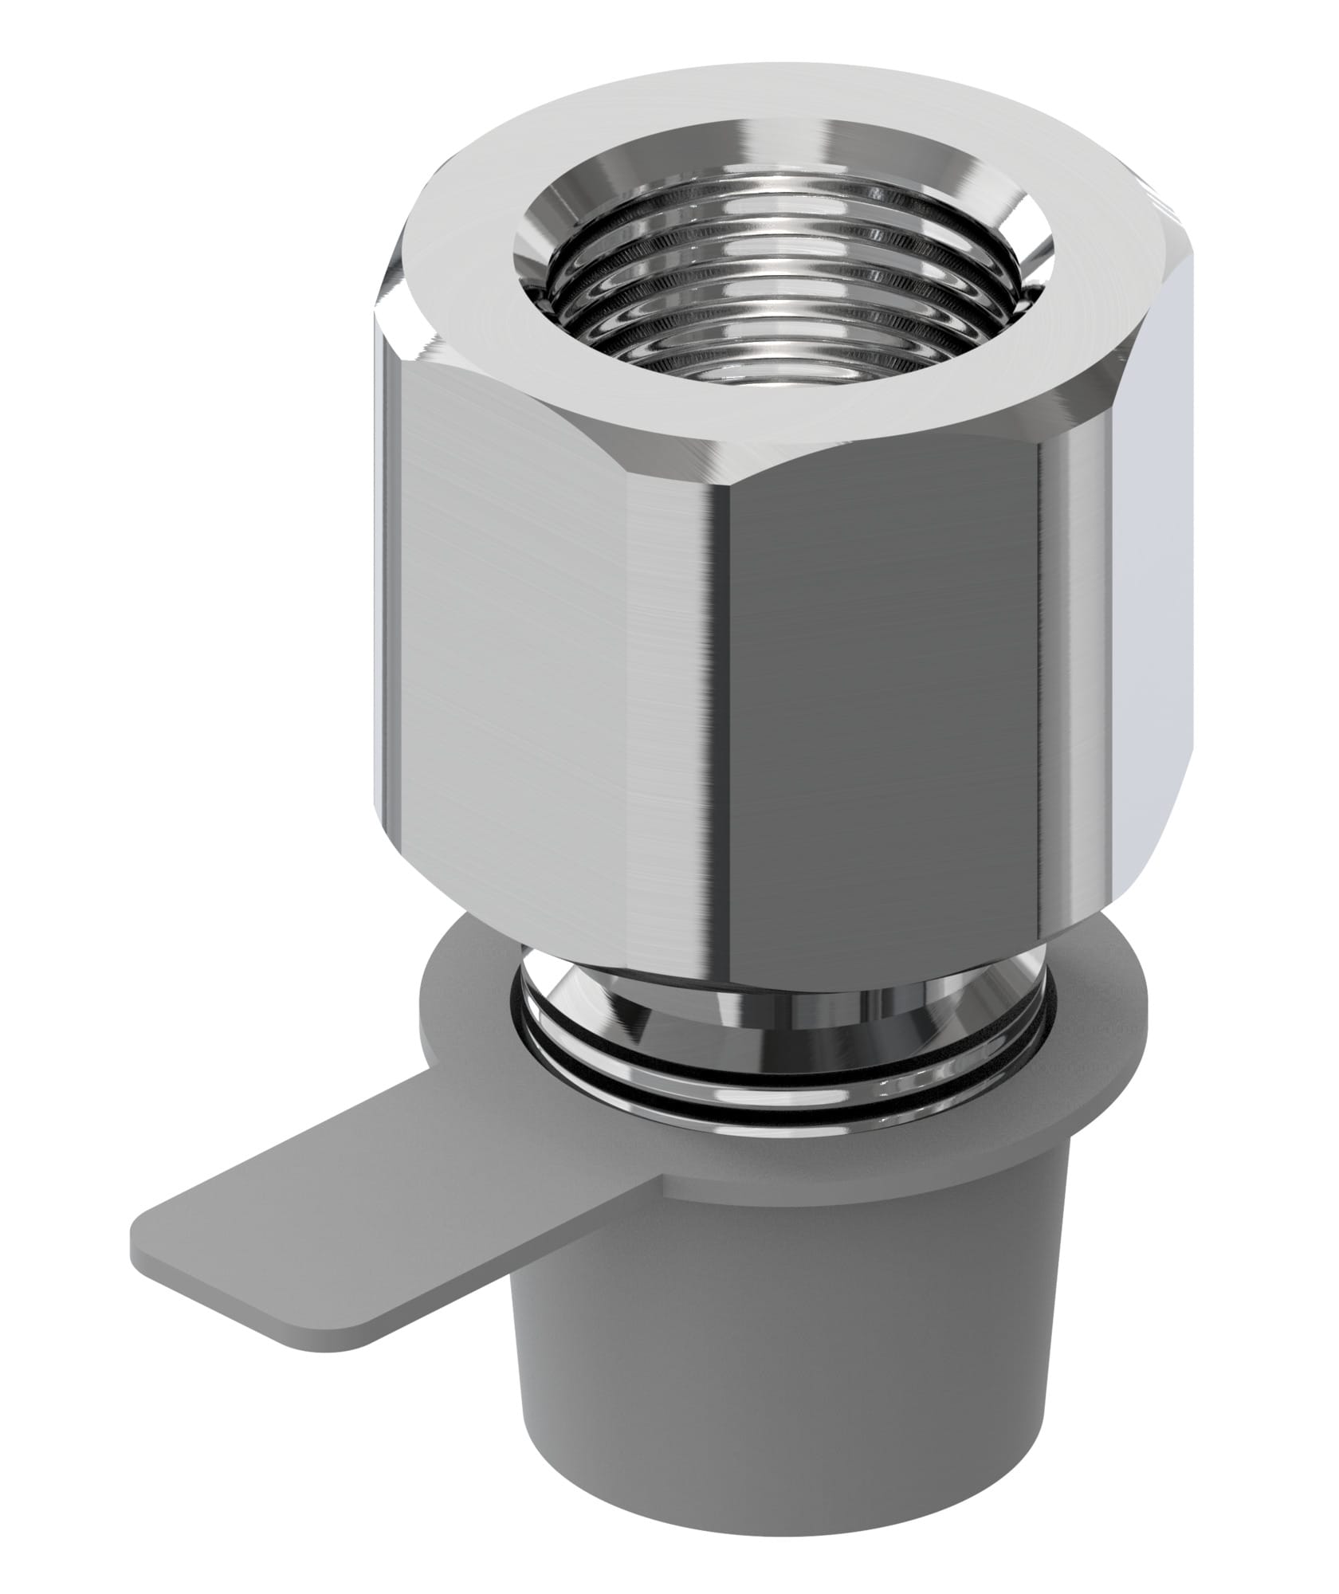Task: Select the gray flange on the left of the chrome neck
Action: [x=462, y=1028]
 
